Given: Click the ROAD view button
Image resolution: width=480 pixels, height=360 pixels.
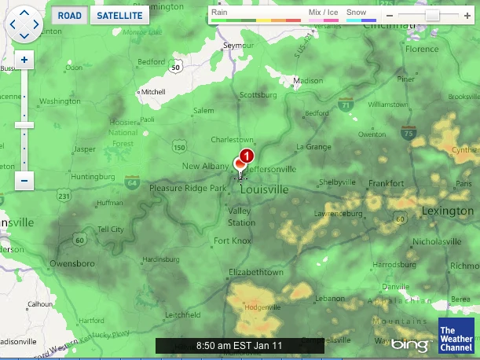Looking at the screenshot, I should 70,15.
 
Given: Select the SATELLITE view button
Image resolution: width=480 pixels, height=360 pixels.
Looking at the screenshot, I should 119,15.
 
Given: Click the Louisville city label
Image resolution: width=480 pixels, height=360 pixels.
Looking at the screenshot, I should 264,190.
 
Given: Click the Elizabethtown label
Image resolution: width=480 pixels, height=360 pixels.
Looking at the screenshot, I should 255,272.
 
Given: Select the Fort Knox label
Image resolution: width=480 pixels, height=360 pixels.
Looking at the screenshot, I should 233,241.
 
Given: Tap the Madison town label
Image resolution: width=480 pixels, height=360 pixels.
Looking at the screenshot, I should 307,81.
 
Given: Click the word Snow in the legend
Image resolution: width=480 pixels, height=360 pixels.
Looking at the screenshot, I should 356,13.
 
